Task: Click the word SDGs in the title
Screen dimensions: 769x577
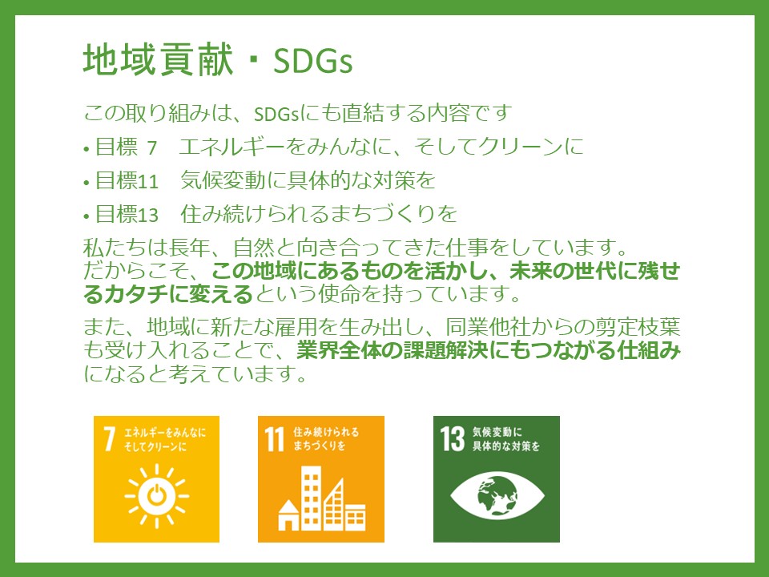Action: point(313,61)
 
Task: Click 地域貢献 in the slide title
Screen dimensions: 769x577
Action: point(158,60)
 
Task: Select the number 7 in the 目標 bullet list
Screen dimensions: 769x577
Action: point(151,147)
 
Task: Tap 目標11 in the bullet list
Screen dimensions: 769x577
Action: point(127,181)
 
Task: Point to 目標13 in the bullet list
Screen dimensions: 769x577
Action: point(127,215)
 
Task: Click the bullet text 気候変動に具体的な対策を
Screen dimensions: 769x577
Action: point(308,180)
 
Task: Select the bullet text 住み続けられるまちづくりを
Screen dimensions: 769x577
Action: point(318,213)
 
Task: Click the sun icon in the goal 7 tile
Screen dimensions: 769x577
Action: point(156,496)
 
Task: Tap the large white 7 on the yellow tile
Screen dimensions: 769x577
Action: point(110,438)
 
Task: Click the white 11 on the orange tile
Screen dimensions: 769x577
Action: point(274,438)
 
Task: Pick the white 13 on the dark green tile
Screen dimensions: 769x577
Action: point(452,438)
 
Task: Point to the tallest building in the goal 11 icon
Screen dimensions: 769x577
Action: point(311,498)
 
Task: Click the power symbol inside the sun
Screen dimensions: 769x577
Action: point(156,496)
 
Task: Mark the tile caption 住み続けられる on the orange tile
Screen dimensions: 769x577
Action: point(326,432)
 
